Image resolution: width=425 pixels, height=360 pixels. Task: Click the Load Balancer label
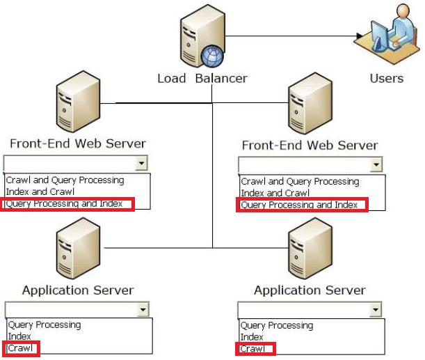point(202,79)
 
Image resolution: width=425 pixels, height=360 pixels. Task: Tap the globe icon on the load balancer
point(212,56)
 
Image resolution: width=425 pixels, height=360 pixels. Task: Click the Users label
point(387,78)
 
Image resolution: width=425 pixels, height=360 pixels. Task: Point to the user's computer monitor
point(380,36)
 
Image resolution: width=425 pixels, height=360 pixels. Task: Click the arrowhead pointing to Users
point(359,36)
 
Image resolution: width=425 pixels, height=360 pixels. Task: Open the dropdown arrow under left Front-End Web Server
point(141,163)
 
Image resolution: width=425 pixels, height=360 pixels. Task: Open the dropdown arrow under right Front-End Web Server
point(376,164)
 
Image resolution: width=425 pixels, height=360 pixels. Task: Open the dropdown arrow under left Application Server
point(143,309)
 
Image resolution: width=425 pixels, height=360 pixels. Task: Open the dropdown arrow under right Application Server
point(376,309)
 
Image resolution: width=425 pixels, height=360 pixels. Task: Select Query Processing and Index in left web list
point(64,204)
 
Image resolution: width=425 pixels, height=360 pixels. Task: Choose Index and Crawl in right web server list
point(275,193)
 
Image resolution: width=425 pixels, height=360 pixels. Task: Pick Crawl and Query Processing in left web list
point(65,180)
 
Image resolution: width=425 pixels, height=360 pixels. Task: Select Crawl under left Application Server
point(20,347)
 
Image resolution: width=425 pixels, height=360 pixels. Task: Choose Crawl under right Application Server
point(252,349)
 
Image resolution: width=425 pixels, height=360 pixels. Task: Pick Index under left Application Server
point(19,336)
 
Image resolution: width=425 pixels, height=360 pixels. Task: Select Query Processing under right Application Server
point(277,326)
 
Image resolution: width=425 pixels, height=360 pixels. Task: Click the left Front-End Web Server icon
point(78,102)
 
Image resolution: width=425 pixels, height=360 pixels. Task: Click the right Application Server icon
point(310,249)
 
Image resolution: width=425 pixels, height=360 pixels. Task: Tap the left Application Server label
point(78,290)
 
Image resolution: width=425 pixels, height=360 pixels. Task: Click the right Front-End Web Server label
point(310,145)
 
